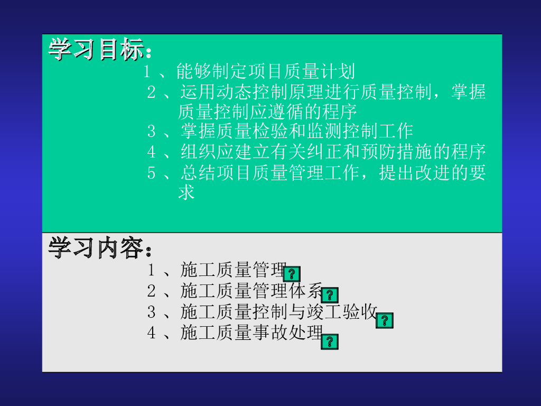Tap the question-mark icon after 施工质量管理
click(292, 274)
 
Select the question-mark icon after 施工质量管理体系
click(330, 295)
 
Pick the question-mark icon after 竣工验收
click(385, 320)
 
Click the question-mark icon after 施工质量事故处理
click(330, 342)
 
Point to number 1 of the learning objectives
click(147, 72)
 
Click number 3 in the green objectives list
click(152, 131)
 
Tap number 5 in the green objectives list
click(152, 173)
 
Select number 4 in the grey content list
click(152, 333)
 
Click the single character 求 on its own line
click(186, 192)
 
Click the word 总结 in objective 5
click(198, 172)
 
